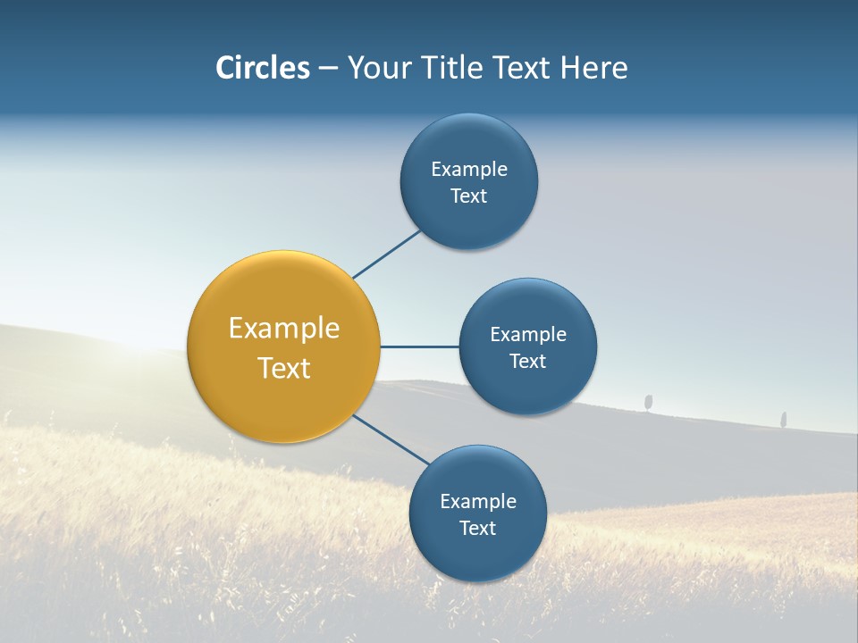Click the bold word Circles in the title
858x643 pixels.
point(262,68)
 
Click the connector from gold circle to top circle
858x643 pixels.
point(387,255)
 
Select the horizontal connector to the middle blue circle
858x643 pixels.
point(419,347)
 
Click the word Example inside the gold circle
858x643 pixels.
point(284,329)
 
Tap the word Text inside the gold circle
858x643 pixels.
point(284,368)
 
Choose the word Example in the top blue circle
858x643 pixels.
point(468,169)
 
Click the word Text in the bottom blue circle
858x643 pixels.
point(477,528)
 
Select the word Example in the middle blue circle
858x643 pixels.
point(527,334)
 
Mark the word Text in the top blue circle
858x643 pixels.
point(468,196)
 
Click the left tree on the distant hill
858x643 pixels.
point(648,402)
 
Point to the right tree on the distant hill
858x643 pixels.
point(783,418)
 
